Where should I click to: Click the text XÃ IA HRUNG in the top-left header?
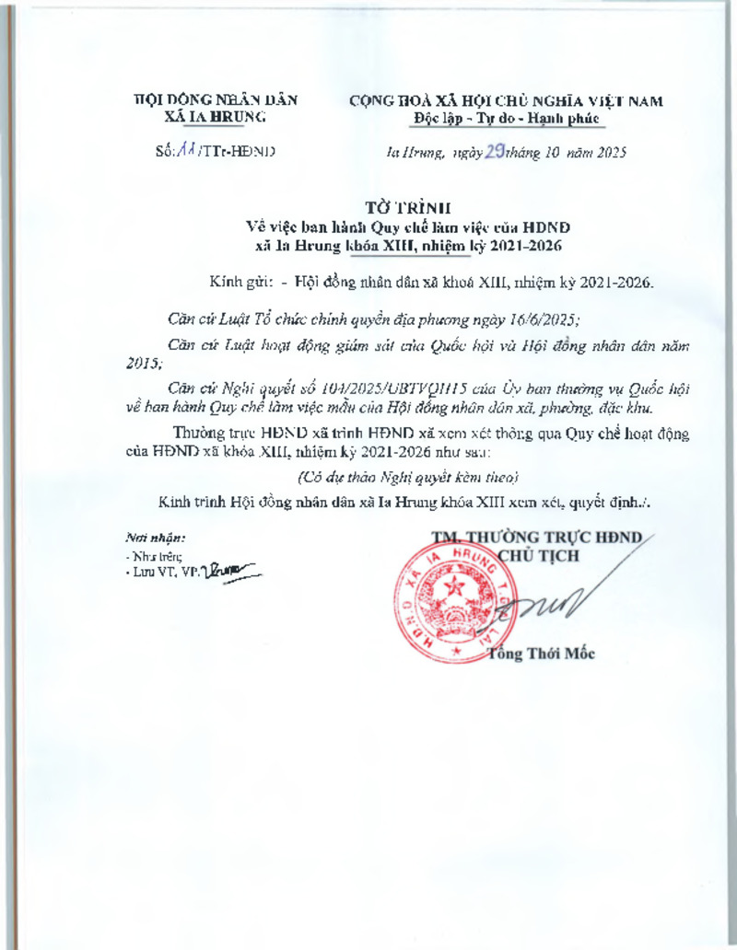pos(215,118)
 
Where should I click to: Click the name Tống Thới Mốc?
pos(542,655)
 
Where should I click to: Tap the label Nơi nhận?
pos(156,537)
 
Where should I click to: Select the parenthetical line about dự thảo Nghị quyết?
pos(408,477)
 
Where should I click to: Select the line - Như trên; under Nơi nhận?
pos(153,557)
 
